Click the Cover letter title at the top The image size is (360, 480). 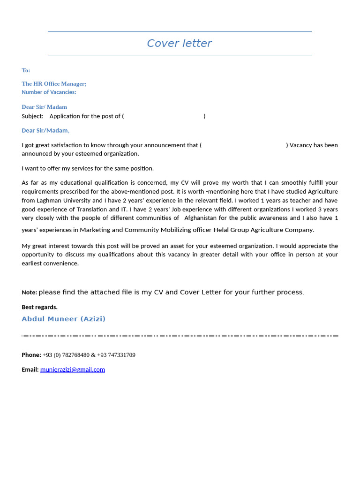tap(179, 44)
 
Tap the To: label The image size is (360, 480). tap(26, 70)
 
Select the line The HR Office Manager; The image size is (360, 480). tap(54, 84)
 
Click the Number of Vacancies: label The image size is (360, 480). tap(49, 92)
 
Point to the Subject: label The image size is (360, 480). tap(32, 116)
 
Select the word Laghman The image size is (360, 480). tap(51, 201)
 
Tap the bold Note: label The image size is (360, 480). tap(29, 292)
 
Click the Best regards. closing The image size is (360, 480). tap(39, 307)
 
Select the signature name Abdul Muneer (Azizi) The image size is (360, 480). tap(63, 319)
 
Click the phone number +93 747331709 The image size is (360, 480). tap(116, 355)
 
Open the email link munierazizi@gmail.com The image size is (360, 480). tap(73, 370)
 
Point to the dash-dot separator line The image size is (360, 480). tap(180, 336)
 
